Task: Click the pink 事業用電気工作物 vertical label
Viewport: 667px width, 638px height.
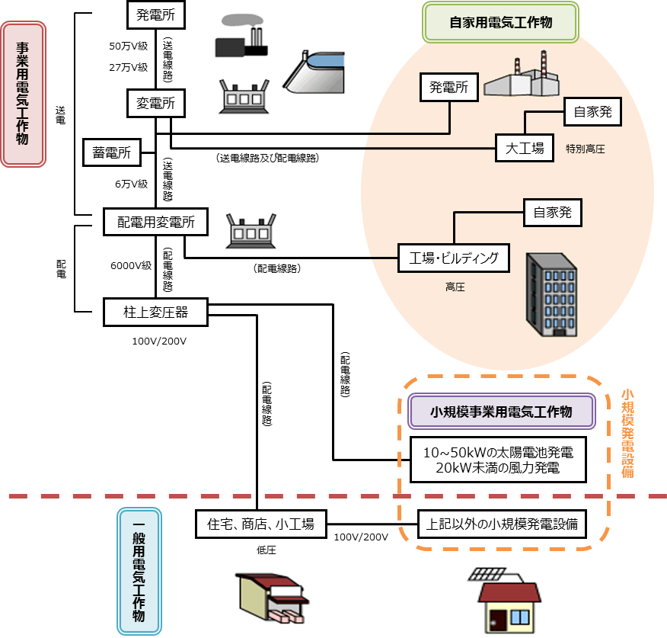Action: click(x=24, y=94)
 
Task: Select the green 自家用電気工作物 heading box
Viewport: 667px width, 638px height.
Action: click(x=500, y=23)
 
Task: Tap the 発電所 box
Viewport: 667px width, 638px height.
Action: click(x=449, y=88)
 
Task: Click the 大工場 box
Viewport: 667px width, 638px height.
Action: click(x=525, y=148)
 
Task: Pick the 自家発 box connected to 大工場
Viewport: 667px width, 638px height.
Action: click(x=592, y=112)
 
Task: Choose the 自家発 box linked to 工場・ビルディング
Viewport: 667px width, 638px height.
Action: click(x=552, y=213)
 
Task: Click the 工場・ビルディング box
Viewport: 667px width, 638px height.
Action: click(x=454, y=258)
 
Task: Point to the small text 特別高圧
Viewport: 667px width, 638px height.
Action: click(x=586, y=149)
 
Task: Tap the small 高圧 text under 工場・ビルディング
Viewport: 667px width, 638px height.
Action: click(x=455, y=287)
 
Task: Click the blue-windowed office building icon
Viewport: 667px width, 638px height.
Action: click(x=552, y=296)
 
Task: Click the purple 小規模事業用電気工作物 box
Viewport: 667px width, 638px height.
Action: click(x=501, y=412)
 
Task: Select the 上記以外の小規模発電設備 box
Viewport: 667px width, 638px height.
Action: click(x=502, y=524)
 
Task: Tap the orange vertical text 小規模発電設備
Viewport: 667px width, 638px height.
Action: click(x=627, y=433)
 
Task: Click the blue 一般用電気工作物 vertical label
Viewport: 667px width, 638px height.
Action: click(x=139, y=572)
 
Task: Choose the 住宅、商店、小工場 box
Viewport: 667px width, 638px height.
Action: click(x=260, y=524)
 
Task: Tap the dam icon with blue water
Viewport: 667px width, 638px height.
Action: click(x=314, y=72)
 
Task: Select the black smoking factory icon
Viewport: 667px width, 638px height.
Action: click(x=241, y=37)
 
